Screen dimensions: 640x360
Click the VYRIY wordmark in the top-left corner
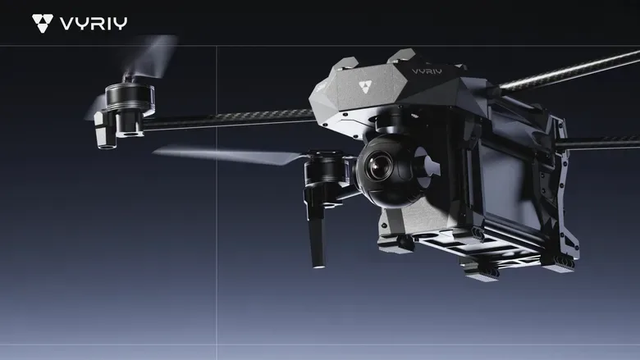point(94,23)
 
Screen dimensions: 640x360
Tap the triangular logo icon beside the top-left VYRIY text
point(43,23)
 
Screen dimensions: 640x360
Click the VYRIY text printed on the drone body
point(427,71)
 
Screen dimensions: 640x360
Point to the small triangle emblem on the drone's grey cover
point(365,86)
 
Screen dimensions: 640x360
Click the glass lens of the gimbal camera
point(380,166)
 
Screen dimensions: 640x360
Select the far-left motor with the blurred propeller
point(130,100)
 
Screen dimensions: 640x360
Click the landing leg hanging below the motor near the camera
point(318,240)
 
